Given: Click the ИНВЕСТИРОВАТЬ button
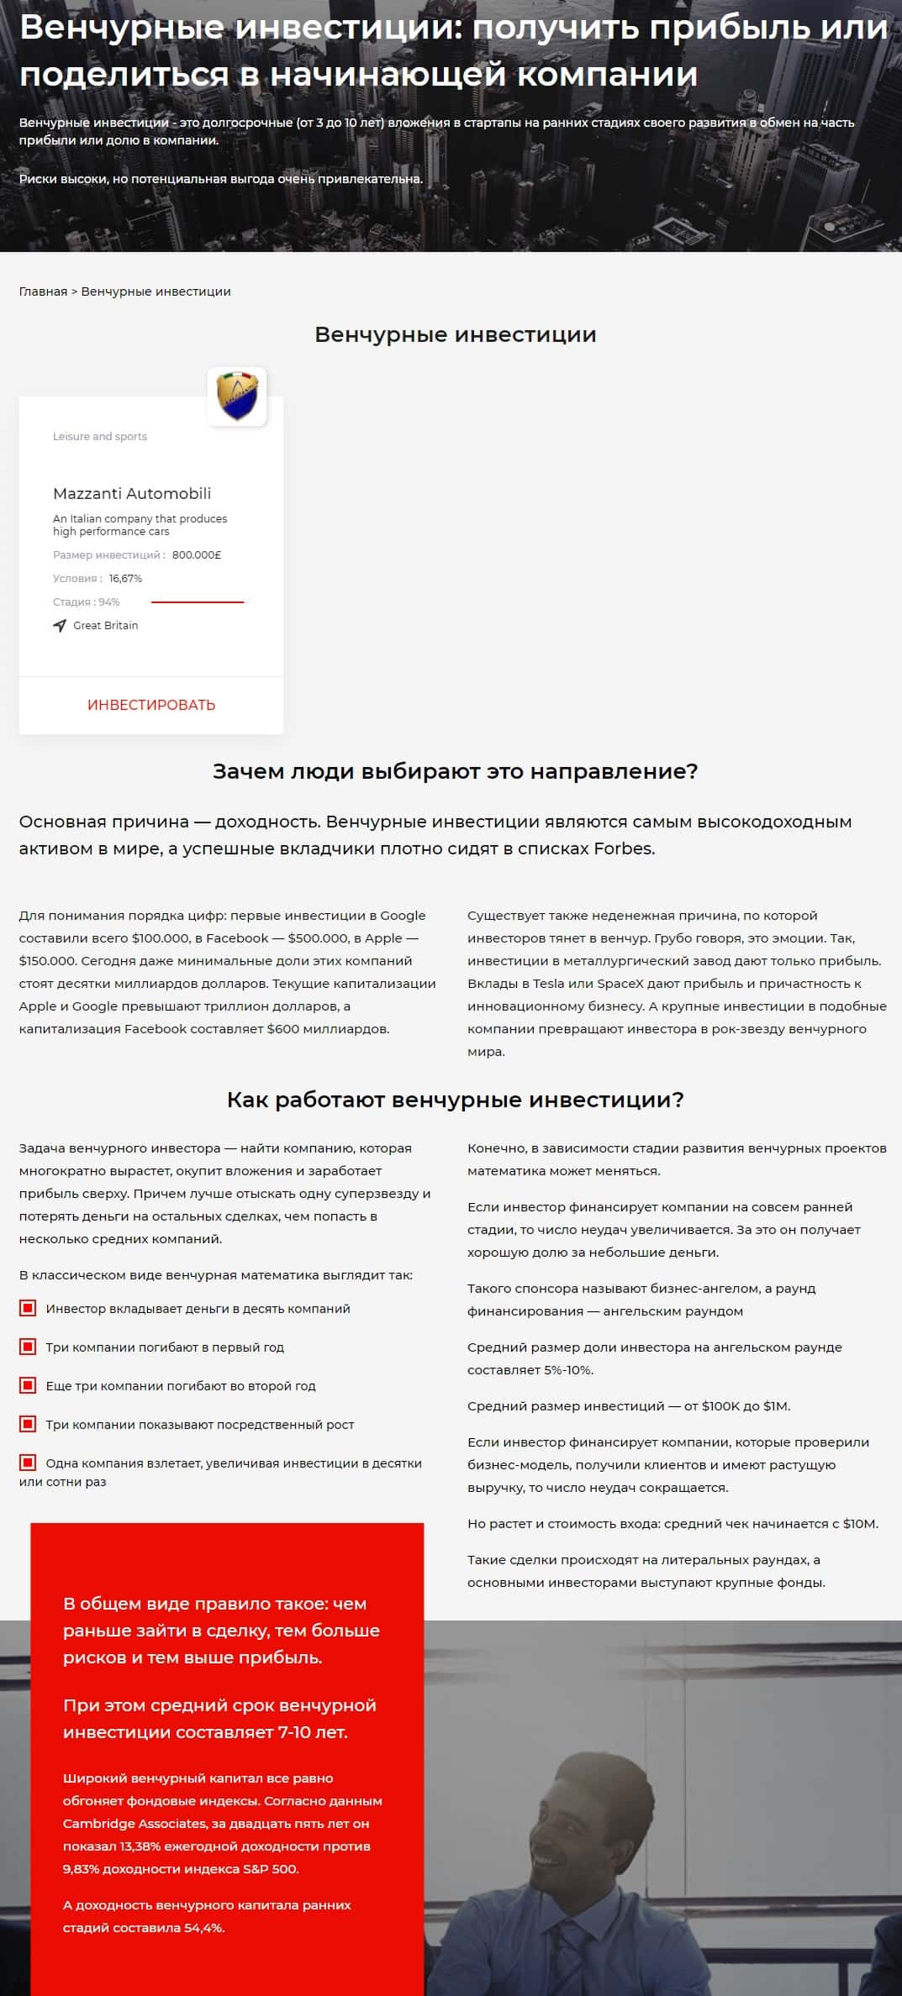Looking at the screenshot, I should [x=151, y=705].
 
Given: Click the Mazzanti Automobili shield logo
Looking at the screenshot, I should [x=237, y=397].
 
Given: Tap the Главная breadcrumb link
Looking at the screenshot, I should [x=43, y=292].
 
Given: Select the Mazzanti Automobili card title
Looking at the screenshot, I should [x=132, y=494].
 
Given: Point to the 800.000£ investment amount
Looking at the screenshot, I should [x=197, y=555].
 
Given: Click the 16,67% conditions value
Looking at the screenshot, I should [x=125, y=579].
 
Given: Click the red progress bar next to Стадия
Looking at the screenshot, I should [x=198, y=602].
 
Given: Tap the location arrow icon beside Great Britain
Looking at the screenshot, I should [x=60, y=626].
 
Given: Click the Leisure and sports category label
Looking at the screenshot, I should [x=100, y=437].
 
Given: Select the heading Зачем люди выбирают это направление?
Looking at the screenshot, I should [x=455, y=771].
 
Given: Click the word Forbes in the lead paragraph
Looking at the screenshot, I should [x=623, y=848].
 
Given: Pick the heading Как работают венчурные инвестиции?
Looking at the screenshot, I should [x=455, y=1100].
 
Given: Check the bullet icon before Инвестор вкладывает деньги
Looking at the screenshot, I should [x=28, y=1308].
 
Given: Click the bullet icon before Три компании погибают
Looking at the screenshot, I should [x=28, y=1347].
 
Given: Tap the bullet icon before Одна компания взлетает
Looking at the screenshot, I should [x=28, y=1463].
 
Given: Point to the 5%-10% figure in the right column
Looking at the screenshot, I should [x=568, y=1370].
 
